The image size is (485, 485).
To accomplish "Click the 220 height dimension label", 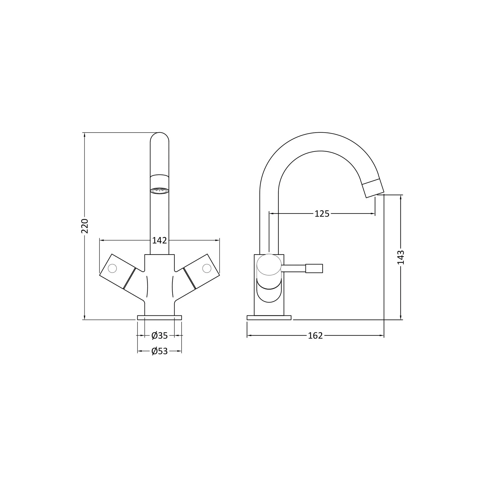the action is [x=85, y=226].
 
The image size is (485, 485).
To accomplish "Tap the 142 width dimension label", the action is [x=159, y=241].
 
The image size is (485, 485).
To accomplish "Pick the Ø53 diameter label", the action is [x=159, y=351].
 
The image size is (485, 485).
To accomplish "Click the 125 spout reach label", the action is [x=322, y=214].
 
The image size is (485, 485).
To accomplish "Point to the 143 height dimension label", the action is [x=401, y=257].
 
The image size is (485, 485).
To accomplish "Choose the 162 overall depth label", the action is [x=315, y=336].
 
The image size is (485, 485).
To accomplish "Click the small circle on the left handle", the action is [x=112, y=268].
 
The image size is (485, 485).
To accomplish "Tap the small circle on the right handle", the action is [x=207, y=268].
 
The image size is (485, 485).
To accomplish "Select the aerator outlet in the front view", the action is [x=159, y=191].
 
